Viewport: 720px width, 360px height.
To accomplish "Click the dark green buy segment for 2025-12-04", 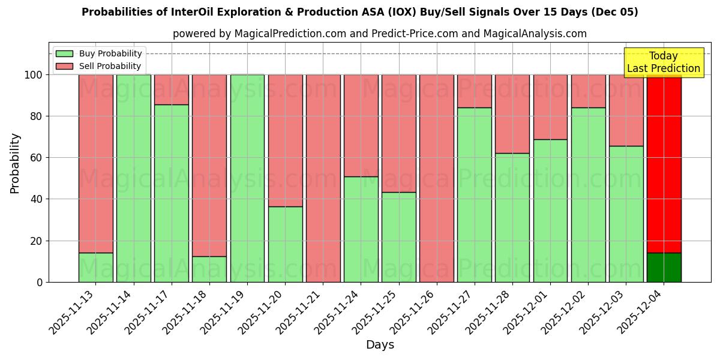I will [x=664, y=268].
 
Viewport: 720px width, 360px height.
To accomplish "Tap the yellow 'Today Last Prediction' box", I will [x=663, y=62].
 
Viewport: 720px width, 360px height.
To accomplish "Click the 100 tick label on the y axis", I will [x=34, y=75].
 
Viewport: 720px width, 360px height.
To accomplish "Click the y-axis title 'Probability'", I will [x=15, y=163].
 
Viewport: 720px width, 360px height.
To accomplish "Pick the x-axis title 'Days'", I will [x=380, y=345].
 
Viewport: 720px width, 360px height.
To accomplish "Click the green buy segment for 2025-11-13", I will [x=95, y=268].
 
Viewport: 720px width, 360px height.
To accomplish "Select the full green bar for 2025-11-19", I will [x=247, y=178].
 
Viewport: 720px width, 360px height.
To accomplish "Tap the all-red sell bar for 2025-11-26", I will [x=436, y=178].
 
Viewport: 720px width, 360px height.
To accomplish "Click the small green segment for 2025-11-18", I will [x=209, y=269].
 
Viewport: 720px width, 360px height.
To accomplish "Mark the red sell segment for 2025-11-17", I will [x=172, y=89].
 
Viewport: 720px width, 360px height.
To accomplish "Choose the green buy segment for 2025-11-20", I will [x=285, y=244].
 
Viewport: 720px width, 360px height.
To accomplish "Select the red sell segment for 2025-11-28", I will [x=512, y=114].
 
